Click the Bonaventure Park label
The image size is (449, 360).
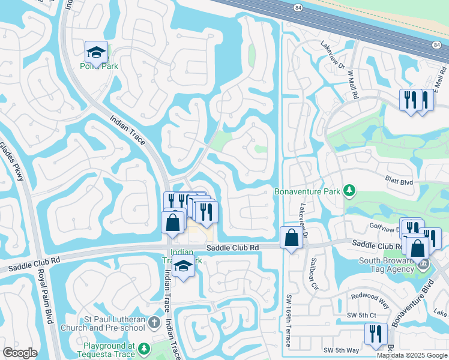point(307,191)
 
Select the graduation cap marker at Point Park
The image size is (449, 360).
point(96,53)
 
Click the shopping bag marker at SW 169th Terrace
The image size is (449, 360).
point(291,238)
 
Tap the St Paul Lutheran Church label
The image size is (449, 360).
point(102,323)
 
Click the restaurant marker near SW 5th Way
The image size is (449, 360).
point(376,334)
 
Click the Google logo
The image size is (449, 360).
point(20,353)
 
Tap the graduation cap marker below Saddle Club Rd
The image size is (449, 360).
point(184,268)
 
